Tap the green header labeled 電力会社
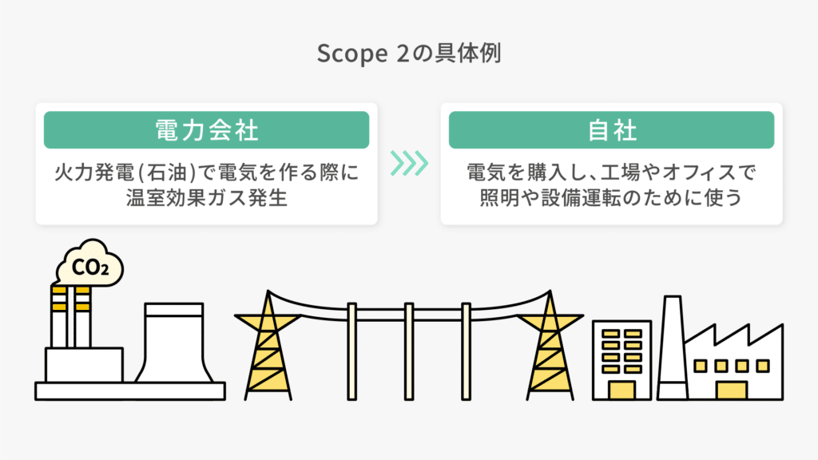click(206, 129)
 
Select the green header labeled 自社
click(611, 129)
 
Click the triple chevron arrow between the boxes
click(409, 163)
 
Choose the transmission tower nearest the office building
click(550, 347)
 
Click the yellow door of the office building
click(621, 390)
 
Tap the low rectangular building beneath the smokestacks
click(84, 365)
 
